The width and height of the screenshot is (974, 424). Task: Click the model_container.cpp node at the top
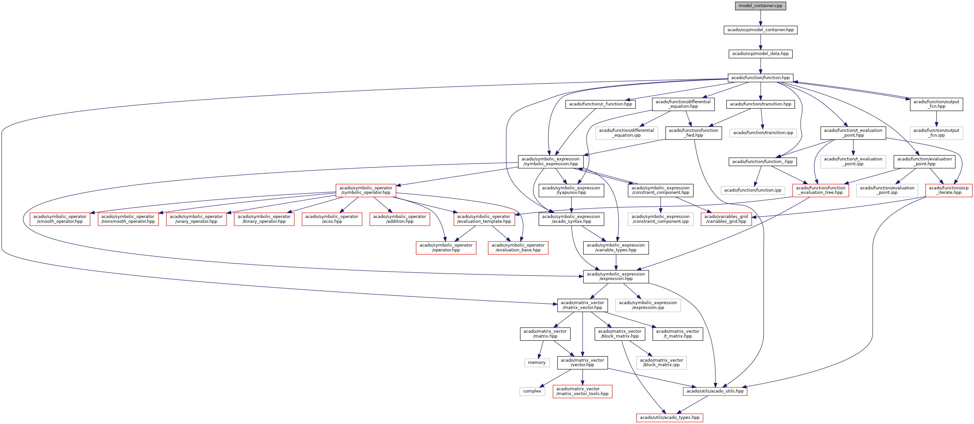[x=760, y=6]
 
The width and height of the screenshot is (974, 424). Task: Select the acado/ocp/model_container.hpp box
[x=760, y=30]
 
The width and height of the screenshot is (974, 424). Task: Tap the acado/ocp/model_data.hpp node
[x=760, y=54]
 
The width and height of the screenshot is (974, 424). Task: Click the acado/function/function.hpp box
[x=760, y=78]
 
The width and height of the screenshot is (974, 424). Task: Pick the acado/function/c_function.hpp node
[x=600, y=104]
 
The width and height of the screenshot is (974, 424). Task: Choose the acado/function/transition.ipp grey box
[x=763, y=133]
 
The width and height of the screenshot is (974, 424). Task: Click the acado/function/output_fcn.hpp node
[x=936, y=104]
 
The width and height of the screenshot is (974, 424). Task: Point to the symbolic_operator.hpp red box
[x=366, y=190]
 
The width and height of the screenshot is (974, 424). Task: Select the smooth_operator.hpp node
[x=60, y=219]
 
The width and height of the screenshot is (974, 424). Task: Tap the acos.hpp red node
[x=332, y=219]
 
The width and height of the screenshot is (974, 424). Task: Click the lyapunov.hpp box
[x=571, y=190]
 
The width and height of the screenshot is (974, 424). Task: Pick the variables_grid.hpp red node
[x=726, y=219]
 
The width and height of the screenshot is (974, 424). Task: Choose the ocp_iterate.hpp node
[x=949, y=190]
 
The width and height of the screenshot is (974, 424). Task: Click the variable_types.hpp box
[x=616, y=248]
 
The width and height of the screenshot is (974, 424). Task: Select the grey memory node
[x=536, y=362]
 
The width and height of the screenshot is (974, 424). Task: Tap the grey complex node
[x=532, y=391]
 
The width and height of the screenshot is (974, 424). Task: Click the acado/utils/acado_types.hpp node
[x=669, y=418]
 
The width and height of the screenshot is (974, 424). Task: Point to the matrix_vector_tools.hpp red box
[x=582, y=391]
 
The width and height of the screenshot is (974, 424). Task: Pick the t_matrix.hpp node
[x=678, y=334]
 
